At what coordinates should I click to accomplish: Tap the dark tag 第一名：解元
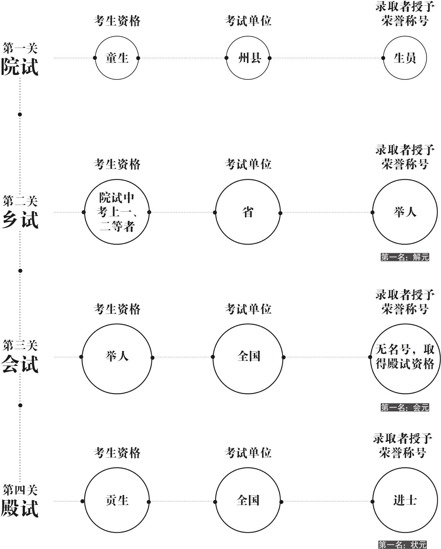click(x=405, y=257)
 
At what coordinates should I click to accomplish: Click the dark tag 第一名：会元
click(x=405, y=407)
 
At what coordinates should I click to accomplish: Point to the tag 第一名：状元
click(x=403, y=545)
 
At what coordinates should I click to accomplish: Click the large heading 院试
click(x=20, y=67)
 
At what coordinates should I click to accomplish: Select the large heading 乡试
click(x=20, y=220)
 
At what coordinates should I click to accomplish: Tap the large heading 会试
click(x=20, y=364)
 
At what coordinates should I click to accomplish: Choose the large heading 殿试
click(x=20, y=508)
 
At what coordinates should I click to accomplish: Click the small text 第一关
click(x=20, y=48)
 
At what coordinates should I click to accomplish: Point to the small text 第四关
click(x=20, y=490)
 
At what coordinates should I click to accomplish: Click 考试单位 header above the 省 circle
click(x=248, y=164)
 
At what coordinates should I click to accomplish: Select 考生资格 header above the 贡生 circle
click(x=117, y=453)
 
